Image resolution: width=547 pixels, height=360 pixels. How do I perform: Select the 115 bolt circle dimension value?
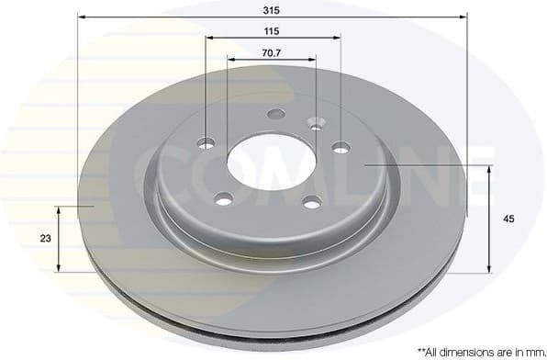tap(272, 31)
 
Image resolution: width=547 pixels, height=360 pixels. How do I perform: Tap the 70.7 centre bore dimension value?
tap(272, 52)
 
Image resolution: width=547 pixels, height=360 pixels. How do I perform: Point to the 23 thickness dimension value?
tap(45, 239)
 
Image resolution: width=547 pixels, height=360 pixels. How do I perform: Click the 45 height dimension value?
tap(508, 219)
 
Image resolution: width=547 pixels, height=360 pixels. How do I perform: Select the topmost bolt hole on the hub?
tap(276, 114)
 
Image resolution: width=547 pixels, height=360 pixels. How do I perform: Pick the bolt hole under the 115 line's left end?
tap(207, 142)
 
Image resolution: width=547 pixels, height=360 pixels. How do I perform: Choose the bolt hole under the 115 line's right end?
tap(340, 146)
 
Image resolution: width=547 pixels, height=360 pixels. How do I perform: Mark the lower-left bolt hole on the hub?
tap(224, 197)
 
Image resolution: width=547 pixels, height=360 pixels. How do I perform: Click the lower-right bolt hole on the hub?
tap(311, 201)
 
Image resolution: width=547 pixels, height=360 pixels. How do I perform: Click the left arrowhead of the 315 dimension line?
tap(82, 17)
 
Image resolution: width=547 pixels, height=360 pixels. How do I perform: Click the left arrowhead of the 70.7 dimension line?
tap(230, 60)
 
